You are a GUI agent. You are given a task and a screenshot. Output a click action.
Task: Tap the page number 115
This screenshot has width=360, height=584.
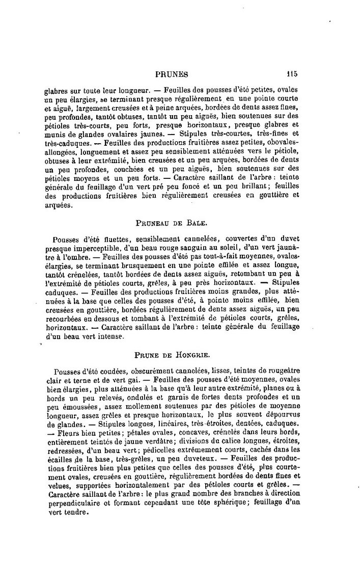tap(292, 73)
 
